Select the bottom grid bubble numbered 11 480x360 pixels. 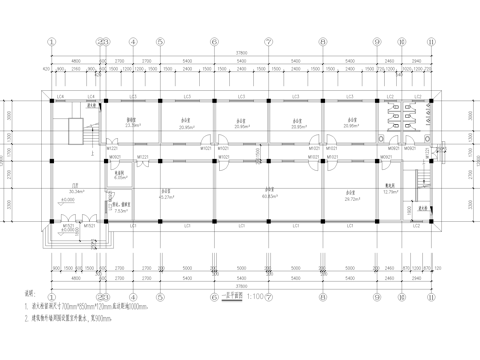click(x=431, y=296)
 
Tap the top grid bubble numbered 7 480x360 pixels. click(x=268, y=43)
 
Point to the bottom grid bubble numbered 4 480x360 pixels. click(x=132, y=296)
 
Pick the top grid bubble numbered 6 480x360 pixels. click(x=213, y=43)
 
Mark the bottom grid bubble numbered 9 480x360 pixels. click(x=377, y=296)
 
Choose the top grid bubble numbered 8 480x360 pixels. click(x=322, y=43)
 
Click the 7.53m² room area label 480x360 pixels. click(x=120, y=212)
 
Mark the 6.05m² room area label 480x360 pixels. click(x=120, y=178)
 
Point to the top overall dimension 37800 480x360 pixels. click(x=241, y=52)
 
